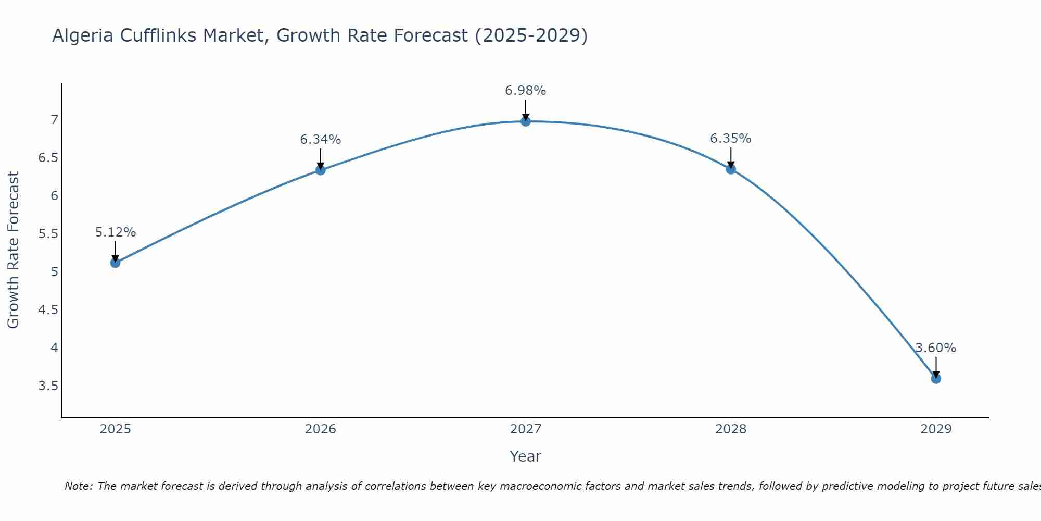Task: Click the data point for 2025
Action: click(x=116, y=263)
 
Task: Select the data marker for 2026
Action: click(x=321, y=170)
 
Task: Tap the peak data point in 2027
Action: click(x=526, y=121)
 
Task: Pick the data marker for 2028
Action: click(x=731, y=169)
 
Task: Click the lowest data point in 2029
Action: click(x=936, y=378)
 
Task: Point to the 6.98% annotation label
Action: click(x=526, y=91)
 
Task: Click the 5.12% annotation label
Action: click(x=116, y=232)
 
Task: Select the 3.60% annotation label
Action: click(x=936, y=348)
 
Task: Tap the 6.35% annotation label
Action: click(x=731, y=139)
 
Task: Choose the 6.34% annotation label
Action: click(x=321, y=140)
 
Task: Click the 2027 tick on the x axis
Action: click(x=526, y=429)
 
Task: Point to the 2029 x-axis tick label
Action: click(x=936, y=429)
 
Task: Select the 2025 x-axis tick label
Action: click(x=116, y=429)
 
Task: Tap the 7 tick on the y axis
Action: click(x=54, y=120)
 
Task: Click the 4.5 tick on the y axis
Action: click(x=48, y=310)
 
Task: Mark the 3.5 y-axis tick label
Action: click(x=48, y=386)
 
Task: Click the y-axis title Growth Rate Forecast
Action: click(x=13, y=250)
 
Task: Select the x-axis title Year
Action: click(x=526, y=456)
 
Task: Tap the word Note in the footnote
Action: click(x=78, y=486)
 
